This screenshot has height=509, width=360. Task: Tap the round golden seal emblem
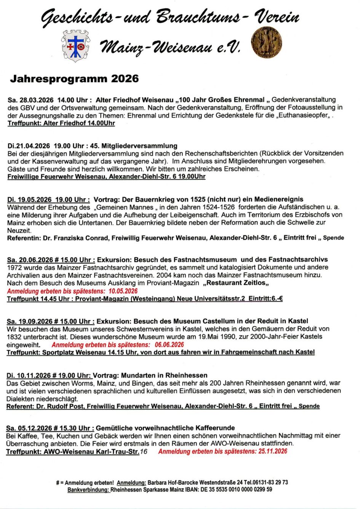(x=266, y=42)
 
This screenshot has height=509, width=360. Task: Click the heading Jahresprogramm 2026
(x=74, y=79)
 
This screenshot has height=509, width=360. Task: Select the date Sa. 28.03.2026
(x=30, y=100)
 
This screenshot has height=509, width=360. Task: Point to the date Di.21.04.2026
(x=29, y=146)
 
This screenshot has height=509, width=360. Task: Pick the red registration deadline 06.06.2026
(x=167, y=345)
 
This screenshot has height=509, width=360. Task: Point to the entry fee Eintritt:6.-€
(x=266, y=299)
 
